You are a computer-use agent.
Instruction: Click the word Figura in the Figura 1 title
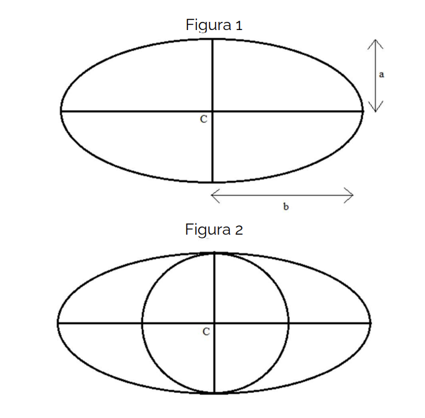pyautogui.click(x=208, y=25)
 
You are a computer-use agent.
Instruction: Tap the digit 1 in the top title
pyautogui.click(x=239, y=25)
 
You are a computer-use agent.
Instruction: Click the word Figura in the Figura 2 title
pyautogui.click(x=208, y=230)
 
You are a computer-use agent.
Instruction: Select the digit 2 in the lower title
pyautogui.click(x=239, y=230)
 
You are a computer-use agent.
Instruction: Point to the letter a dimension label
pyautogui.click(x=381, y=74)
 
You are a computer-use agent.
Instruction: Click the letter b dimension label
pyautogui.click(x=286, y=206)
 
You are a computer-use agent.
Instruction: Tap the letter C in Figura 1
pyautogui.click(x=204, y=119)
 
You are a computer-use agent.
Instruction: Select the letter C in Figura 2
pyautogui.click(x=206, y=332)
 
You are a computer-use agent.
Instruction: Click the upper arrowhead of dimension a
pyautogui.click(x=376, y=40)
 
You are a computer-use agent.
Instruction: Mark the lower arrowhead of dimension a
pyautogui.click(x=376, y=111)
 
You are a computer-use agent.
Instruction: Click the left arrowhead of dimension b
pyautogui.click(x=212, y=195)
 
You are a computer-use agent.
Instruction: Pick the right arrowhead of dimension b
pyautogui.click(x=352, y=195)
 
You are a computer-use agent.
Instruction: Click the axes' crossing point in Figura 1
pyautogui.click(x=212, y=111)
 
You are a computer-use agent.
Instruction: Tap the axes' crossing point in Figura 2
pyautogui.click(x=214, y=324)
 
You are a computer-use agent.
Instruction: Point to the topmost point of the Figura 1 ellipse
pyautogui.click(x=212, y=39)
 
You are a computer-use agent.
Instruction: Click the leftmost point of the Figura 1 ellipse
pyautogui.click(x=61, y=111)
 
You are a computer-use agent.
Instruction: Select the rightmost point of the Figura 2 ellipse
pyautogui.click(x=370, y=324)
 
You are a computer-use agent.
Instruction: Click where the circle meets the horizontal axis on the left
pyautogui.click(x=142, y=324)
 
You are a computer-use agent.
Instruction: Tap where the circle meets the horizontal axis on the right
pyautogui.click(x=288, y=324)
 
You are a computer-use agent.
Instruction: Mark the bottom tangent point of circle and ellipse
pyautogui.click(x=214, y=392)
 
